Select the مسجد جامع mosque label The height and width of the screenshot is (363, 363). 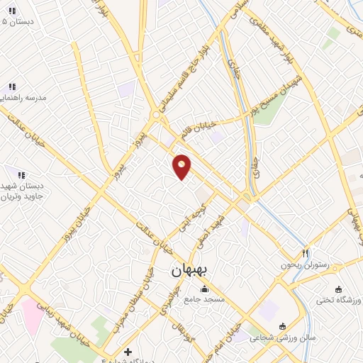[x=206, y=299]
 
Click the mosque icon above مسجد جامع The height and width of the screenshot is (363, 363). [x=206, y=289]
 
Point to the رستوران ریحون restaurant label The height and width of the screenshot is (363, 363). [x=306, y=264]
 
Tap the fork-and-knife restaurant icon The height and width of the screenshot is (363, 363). [x=306, y=252]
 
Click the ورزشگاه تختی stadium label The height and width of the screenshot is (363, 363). [x=339, y=300]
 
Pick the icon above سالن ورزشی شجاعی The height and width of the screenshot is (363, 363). [x=283, y=327]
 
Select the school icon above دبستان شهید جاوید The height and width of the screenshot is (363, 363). [x=21, y=174]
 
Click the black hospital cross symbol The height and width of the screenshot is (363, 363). [x=128, y=352]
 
